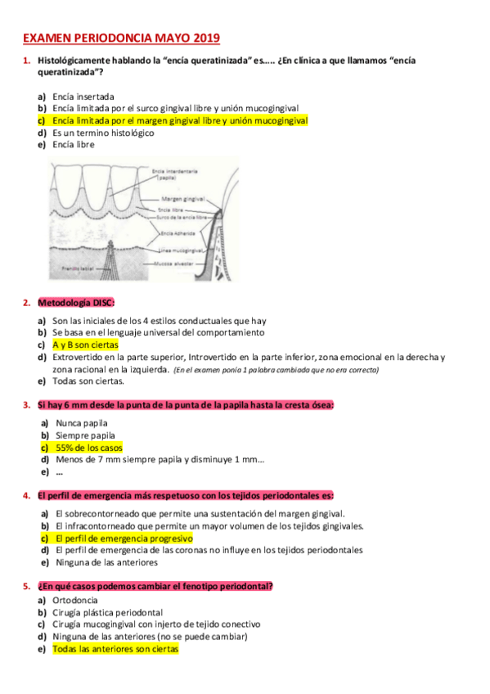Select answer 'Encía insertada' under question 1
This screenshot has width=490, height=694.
tap(83, 97)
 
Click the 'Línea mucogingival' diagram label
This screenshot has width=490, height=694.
tap(179, 249)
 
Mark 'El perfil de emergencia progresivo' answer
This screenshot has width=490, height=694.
tap(123, 539)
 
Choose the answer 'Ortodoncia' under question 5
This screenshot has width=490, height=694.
tap(74, 601)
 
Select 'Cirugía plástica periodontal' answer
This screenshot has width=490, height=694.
tap(107, 612)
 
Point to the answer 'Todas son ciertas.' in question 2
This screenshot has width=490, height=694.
tap(88, 381)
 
